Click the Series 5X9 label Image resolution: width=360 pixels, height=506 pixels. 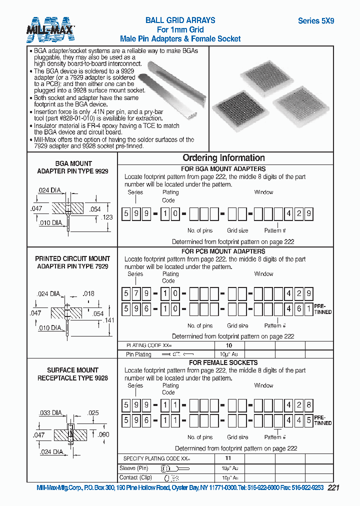pos(316,21)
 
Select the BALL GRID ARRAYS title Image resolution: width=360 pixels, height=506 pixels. pos(180,20)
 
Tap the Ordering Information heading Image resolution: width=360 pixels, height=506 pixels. pos(223,158)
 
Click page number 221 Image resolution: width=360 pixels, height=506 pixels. pos(333,488)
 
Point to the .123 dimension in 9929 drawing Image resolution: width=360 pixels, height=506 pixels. pos(107,217)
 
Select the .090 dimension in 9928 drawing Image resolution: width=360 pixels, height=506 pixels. pos(103,435)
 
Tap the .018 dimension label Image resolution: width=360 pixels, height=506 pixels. pos(88,294)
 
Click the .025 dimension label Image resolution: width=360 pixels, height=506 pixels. pos(92,413)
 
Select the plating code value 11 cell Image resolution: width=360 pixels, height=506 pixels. pos(228,457)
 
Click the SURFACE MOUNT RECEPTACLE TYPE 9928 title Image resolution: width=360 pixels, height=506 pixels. pos(72,374)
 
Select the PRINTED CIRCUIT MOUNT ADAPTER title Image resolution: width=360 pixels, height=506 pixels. pos(72,262)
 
